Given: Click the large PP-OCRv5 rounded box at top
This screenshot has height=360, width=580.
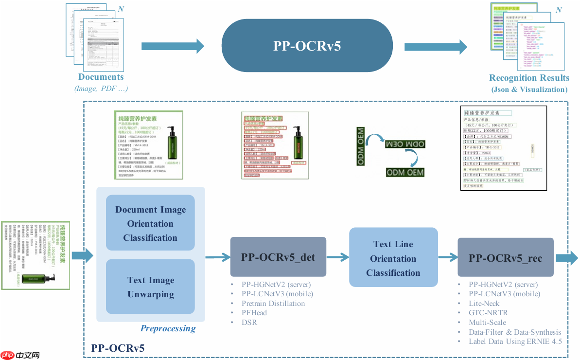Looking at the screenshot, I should [307, 46].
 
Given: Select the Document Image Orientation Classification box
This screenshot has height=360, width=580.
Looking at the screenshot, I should [150, 224].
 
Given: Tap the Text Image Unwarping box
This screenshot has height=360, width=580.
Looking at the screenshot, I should [150, 287].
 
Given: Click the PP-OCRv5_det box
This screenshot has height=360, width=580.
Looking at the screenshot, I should [278, 257].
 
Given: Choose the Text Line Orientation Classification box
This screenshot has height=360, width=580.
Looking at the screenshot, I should [393, 258].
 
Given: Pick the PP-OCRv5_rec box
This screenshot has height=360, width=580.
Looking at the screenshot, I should [505, 257].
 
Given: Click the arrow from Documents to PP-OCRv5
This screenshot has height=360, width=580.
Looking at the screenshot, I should [173, 46].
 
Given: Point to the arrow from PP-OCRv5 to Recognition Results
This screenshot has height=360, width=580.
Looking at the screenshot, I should [435, 47].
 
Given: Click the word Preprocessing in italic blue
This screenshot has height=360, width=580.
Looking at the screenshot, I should [168, 328].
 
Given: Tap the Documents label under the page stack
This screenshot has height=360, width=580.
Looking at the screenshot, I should [101, 77].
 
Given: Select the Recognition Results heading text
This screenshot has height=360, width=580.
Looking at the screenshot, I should [529, 78].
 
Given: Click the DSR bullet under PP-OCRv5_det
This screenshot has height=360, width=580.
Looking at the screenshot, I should [249, 322].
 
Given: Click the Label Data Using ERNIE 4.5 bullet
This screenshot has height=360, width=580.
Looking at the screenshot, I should [515, 342].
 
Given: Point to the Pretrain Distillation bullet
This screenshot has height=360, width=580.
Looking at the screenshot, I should [273, 304].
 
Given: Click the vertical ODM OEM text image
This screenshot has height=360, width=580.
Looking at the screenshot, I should [361, 145].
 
